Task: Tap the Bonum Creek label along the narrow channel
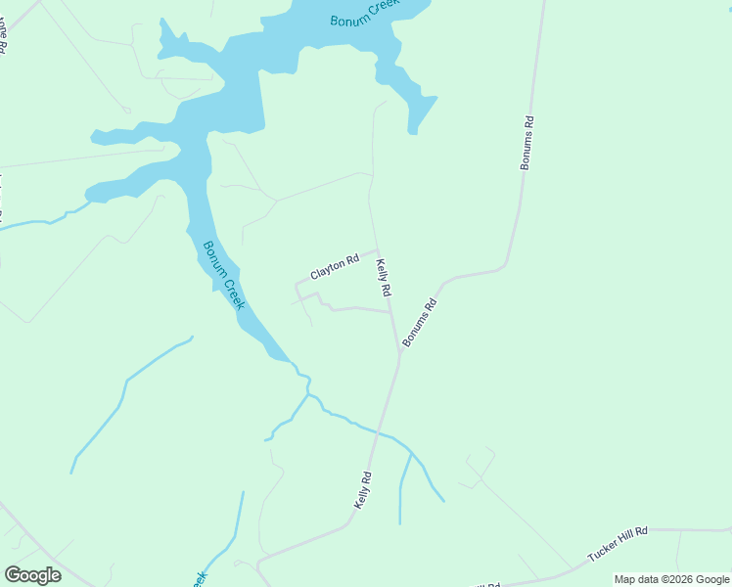coord(223,276)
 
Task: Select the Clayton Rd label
coord(335,267)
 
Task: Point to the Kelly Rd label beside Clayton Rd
coord(385,278)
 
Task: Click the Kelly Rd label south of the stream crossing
coord(363,489)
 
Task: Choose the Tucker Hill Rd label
coord(618,543)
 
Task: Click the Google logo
coord(32,575)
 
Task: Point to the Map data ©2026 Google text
coord(672,579)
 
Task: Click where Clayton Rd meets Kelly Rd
coord(378,250)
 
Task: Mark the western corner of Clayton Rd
coord(297,285)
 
